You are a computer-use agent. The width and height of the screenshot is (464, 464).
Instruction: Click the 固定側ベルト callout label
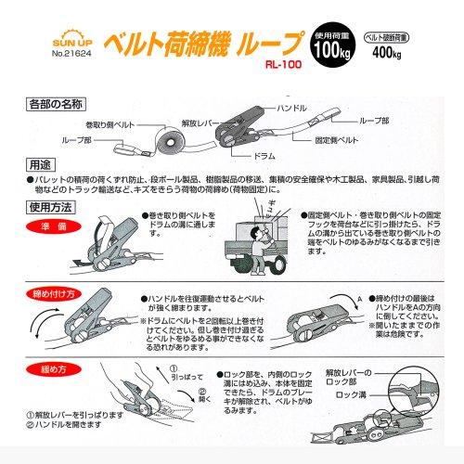pyautogui.click(x=362, y=141)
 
